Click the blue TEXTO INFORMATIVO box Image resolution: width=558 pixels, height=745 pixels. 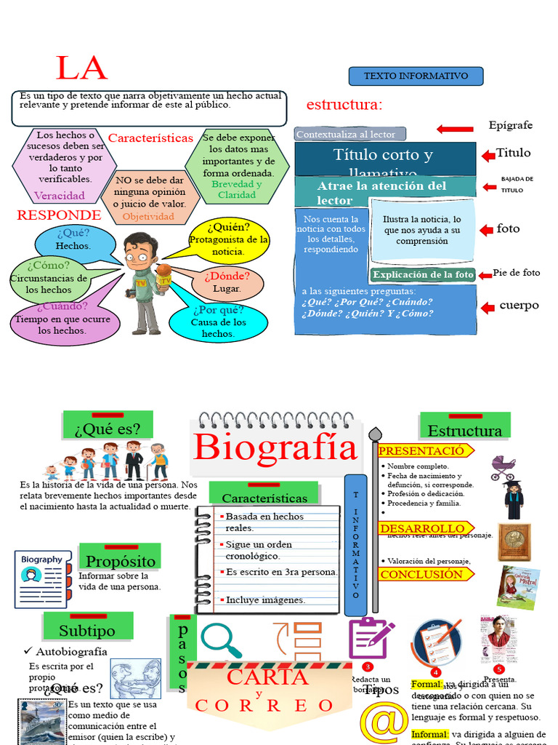[x=416, y=76]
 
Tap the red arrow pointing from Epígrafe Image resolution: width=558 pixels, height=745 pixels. [x=455, y=129]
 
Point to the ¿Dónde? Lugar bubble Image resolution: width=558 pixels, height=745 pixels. [x=227, y=282]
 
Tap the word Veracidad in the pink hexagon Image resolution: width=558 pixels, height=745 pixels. [x=60, y=196]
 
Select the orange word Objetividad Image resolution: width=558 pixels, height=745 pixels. [x=148, y=217]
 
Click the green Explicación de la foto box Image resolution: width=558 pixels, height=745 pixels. [x=423, y=274]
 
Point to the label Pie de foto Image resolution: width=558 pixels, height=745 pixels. [x=517, y=273]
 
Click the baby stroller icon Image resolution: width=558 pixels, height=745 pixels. [x=502, y=467]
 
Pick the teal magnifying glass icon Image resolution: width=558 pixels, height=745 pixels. [x=221, y=640]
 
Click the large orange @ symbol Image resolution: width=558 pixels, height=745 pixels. [x=384, y=722]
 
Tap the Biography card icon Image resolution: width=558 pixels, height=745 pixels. [x=42, y=578]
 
